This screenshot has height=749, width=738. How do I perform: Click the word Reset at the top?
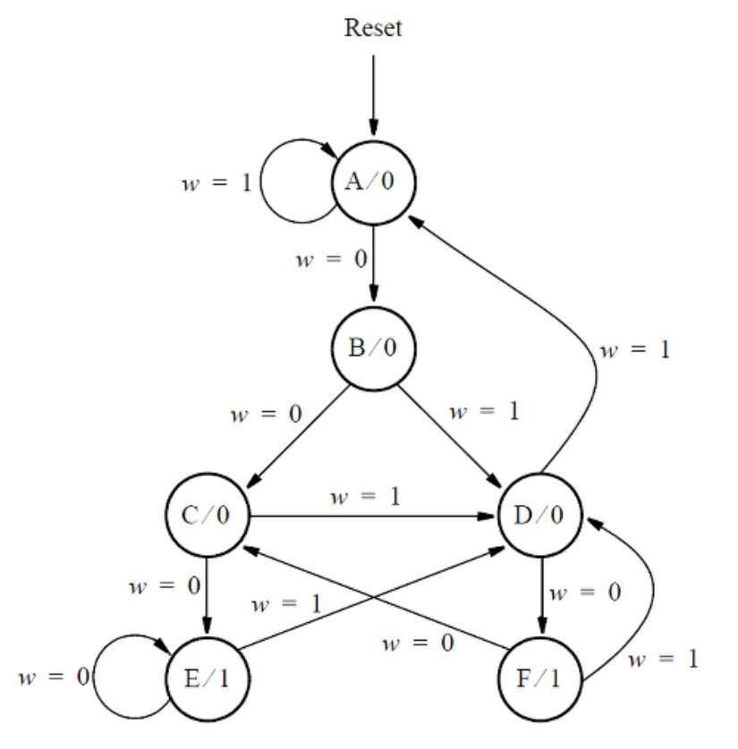[x=374, y=28]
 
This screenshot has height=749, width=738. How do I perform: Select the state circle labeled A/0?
[x=373, y=182]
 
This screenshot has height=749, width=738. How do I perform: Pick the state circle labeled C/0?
[x=207, y=517]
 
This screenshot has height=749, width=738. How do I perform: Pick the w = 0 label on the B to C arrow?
[x=266, y=414]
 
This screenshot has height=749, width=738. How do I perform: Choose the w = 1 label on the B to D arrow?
[x=483, y=413]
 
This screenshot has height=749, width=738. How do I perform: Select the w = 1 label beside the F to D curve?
[x=662, y=660]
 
